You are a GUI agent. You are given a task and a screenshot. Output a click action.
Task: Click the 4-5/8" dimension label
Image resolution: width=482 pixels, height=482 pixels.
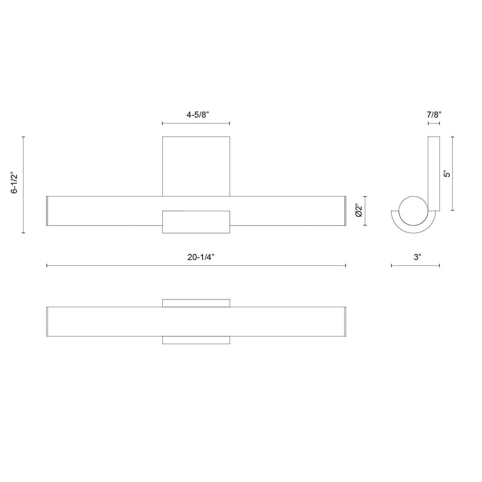198,115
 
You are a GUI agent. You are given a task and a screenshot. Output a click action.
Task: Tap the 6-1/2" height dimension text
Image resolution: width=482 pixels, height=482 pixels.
14,183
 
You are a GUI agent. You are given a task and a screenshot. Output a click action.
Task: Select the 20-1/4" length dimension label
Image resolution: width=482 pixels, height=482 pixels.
201,257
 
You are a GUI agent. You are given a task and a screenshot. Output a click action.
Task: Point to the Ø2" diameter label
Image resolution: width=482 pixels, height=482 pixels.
358,211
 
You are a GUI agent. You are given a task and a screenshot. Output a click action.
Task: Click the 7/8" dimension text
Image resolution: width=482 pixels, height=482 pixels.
434,115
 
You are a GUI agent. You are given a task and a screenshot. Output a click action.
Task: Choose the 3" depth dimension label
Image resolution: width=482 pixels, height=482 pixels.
417,257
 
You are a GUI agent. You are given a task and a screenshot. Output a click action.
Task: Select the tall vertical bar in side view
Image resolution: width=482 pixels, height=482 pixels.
434,174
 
